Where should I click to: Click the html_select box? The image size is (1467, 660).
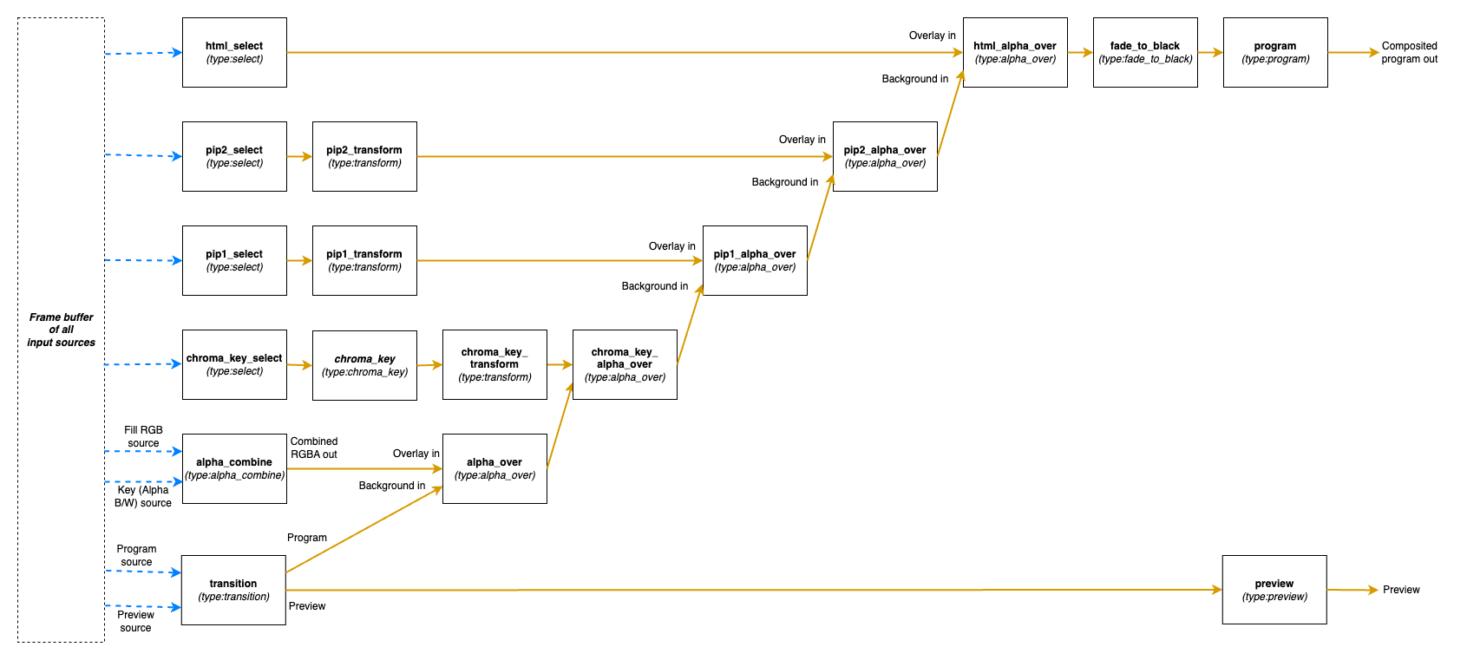(234, 52)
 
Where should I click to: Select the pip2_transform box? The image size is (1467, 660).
(364, 156)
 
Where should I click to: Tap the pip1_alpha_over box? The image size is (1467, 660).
(755, 260)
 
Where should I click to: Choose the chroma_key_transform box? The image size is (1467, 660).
(494, 364)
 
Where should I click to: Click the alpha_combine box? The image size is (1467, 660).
(234, 468)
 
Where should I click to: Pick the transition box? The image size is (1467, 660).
(233, 590)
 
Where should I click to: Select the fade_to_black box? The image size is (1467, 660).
(1145, 52)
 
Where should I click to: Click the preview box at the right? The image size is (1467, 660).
(1274, 590)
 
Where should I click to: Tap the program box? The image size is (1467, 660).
(1275, 52)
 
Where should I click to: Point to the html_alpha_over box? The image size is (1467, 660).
(1015, 52)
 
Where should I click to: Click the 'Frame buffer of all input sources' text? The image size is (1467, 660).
(61, 330)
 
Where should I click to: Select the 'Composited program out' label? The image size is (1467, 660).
(1409, 52)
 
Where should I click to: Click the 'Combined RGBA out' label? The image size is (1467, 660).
(314, 448)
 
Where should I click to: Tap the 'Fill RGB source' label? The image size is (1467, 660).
(143, 436)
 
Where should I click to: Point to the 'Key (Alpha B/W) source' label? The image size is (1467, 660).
(143, 496)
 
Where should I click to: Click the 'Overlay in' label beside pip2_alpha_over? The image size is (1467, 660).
(802, 140)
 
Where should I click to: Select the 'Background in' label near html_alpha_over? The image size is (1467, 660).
(914, 79)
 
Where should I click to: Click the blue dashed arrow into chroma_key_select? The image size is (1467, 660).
(143, 364)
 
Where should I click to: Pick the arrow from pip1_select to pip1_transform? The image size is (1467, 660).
(299, 260)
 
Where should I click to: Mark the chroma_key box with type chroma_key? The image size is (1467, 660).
(364, 365)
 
